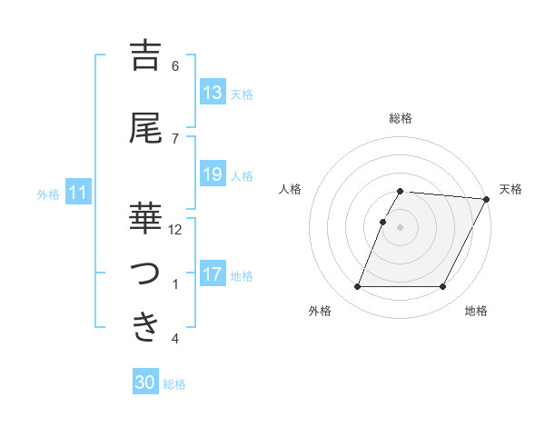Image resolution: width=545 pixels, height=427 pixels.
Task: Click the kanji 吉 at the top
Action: point(145,56)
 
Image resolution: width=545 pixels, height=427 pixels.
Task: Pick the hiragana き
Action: point(145,326)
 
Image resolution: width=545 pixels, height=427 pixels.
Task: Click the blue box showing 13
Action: point(213,92)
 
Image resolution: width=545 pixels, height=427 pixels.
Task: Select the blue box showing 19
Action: point(213,174)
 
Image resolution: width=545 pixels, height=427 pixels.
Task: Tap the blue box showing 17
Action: point(213,274)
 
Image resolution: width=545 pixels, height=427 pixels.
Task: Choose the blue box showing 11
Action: point(78,193)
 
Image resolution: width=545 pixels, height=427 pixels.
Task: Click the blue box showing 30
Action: point(145,382)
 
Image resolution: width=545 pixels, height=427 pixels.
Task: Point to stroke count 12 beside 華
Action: point(175,230)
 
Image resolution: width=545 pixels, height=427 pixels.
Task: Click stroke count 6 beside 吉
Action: point(175,66)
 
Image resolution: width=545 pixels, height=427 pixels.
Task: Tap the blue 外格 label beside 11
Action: point(48,194)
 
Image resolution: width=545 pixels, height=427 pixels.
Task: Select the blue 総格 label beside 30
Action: point(174,384)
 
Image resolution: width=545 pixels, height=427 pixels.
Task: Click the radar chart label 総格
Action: point(401,118)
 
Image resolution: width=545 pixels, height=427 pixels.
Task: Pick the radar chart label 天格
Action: point(510,189)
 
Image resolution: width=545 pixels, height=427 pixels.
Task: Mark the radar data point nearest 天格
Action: point(486,200)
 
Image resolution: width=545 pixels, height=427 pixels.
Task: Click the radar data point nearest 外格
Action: point(357,287)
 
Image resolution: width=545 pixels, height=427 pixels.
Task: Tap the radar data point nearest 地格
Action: point(443,287)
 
